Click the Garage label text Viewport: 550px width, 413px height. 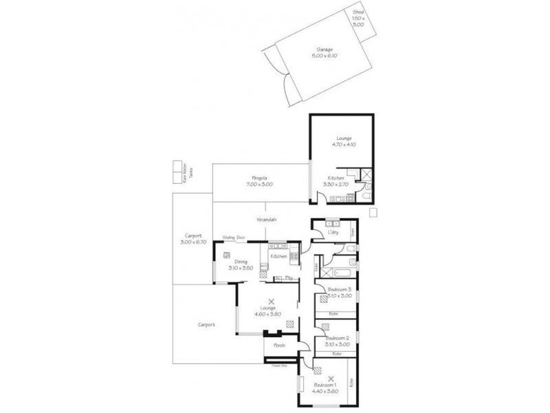[x=325, y=50]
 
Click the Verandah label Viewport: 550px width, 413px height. [x=267, y=220]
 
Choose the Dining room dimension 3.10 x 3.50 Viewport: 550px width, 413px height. [x=241, y=268]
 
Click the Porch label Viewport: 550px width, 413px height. [x=279, y=345]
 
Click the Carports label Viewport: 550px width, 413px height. [x=206, y=324]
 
